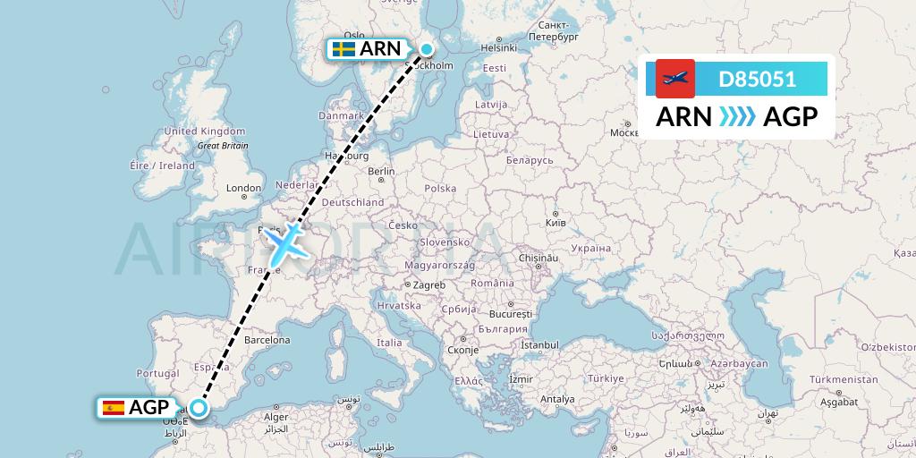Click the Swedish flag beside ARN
[343, 49]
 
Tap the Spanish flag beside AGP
[114, 408]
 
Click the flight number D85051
[757, 80]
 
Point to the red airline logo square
[675, 79]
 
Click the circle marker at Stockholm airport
[428, 49]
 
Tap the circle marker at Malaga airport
[199, 408]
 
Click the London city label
[243, 189]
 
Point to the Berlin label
[381, 171]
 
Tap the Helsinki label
[501, 47]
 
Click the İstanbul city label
[540, 345]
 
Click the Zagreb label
[428, 285]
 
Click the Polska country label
[440, 189]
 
